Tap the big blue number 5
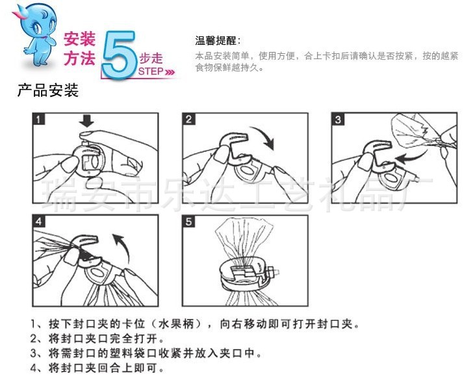(119, 55)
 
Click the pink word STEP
(151, 71)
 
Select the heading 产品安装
(48, 90)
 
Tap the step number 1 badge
(38, 119)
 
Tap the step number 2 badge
(188, 119)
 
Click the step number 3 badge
(338, 119)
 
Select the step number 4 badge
(38, 221)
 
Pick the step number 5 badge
(188, 221)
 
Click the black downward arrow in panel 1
(86, 121)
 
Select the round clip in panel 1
(90, 159)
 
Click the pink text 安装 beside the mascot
(80, 39)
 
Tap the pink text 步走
(151, 58)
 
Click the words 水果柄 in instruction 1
(176, 324)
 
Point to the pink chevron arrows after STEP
(170, 72)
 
